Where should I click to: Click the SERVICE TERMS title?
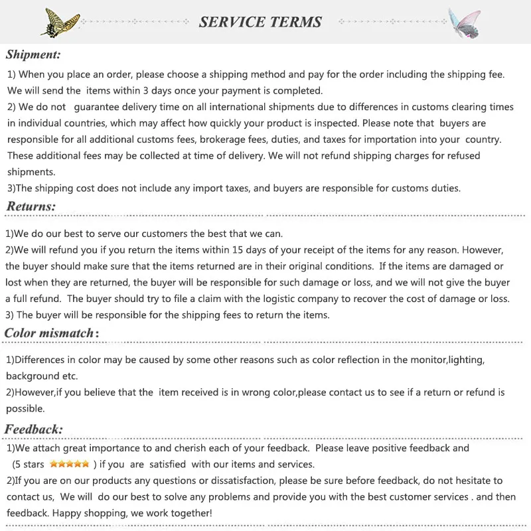260,22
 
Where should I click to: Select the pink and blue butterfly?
464,22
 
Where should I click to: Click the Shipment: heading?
33,54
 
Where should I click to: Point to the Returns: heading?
31,206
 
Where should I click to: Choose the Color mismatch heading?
51,333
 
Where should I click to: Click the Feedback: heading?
34,429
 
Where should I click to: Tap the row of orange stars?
69,464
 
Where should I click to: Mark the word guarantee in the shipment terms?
102,107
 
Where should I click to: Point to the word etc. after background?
71,376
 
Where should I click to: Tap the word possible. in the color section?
25,408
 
